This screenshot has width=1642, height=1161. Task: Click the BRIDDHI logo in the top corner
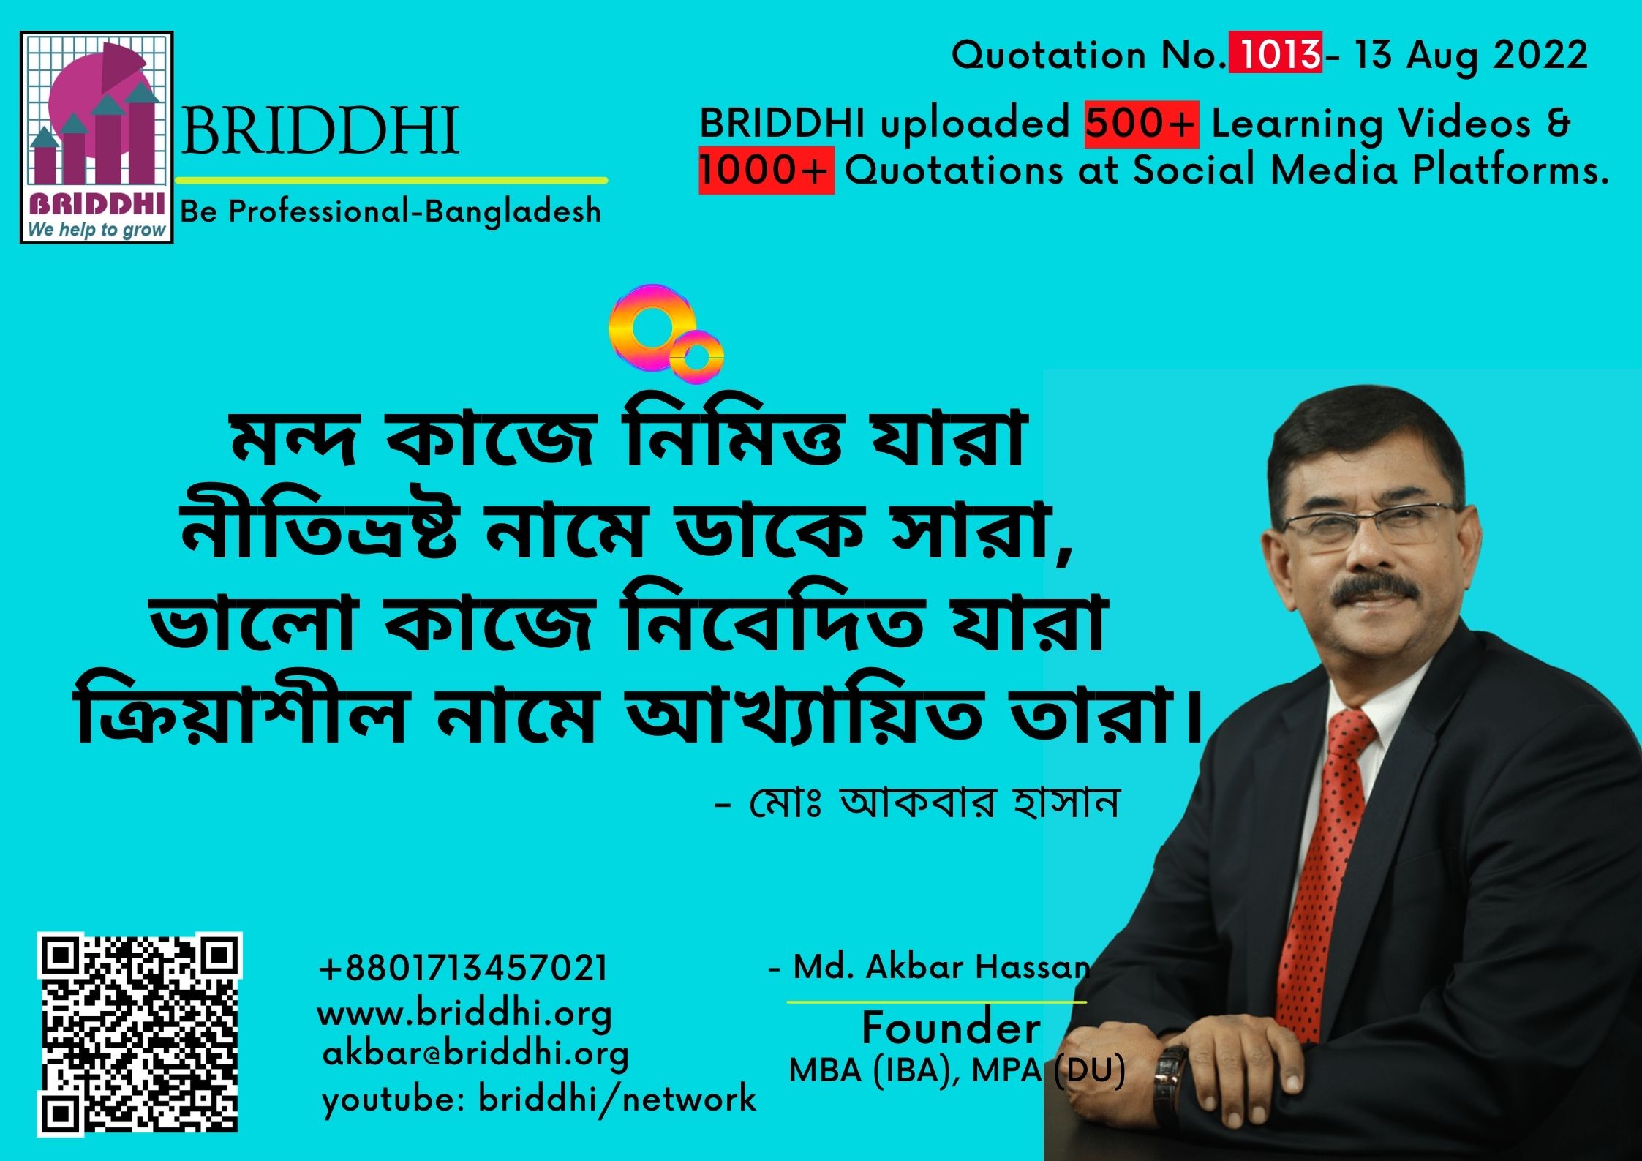pos(97,137)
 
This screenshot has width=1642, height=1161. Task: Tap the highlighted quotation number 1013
pos(1275,55)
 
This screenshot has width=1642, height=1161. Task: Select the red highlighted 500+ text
pos(1141,124)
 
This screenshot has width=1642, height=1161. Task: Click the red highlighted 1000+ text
pos(766,170)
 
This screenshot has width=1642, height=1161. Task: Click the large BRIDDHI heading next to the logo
pos(320,132)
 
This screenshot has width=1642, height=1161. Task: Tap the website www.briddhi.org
pos(464,1015)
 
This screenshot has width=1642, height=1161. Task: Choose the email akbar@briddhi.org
pos(475,1055)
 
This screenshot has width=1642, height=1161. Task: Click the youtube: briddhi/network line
pos(539,1100)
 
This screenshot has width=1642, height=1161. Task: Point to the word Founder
pos(951,1028)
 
